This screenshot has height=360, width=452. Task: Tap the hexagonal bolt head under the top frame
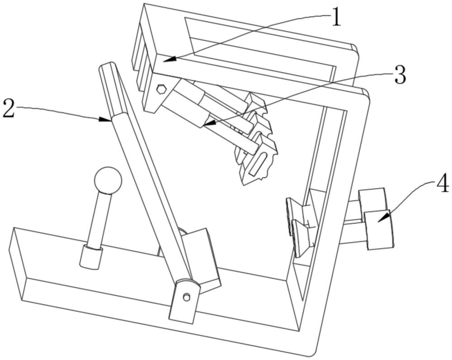(161, 89)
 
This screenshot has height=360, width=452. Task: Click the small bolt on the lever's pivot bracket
(186, 296)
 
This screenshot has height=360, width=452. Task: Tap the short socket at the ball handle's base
(90, 257)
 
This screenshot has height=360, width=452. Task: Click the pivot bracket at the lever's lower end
(185, 300)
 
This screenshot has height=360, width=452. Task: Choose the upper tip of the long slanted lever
(107, 67)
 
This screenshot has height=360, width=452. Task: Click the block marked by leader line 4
(379, 229)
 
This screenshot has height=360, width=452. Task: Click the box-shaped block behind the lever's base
(202, 257)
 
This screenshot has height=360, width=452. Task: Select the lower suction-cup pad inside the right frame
(300, 237)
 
